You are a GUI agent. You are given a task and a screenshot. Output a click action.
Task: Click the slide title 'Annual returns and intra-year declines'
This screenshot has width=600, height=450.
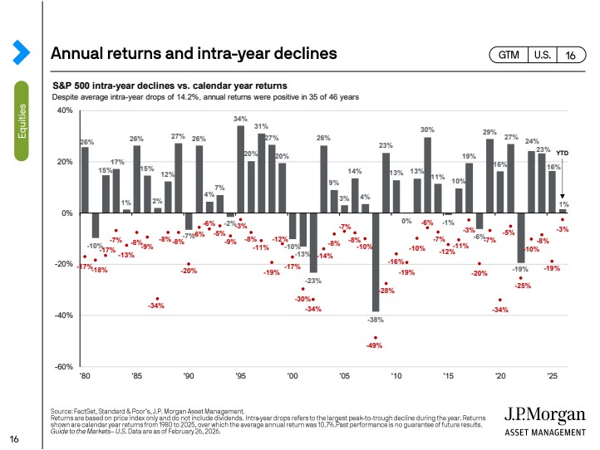pyautogui.click(x=193, y=54)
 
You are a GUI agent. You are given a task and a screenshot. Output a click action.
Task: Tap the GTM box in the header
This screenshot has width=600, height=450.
pyautogui.click(x=509, y=55)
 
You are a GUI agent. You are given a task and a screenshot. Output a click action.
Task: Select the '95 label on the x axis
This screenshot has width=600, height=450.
pyautogui.click(x=241, y=376)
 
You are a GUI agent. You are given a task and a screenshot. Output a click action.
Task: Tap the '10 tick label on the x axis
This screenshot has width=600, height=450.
pyautogui.click(x=396, y=376)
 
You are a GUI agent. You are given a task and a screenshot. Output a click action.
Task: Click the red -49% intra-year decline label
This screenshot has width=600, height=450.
pyautogui.click(x=375, y=345)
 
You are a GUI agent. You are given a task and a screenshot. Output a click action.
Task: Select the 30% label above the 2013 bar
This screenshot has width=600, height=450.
pyautogui.click(x=427, y=130)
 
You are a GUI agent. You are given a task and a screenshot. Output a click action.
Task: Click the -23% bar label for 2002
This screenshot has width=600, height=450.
pyautogui.click(x=313, y=281)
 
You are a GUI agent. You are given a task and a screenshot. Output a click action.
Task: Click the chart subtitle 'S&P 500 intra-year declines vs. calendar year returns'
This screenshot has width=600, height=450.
pyautogui.click(x=170, y=86)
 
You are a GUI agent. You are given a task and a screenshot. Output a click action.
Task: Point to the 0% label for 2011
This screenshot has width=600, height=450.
pyautogui.click(x=407, y=221)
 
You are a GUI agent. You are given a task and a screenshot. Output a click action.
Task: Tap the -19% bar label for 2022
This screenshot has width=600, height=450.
pyautogui.click(x=520, y=269)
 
